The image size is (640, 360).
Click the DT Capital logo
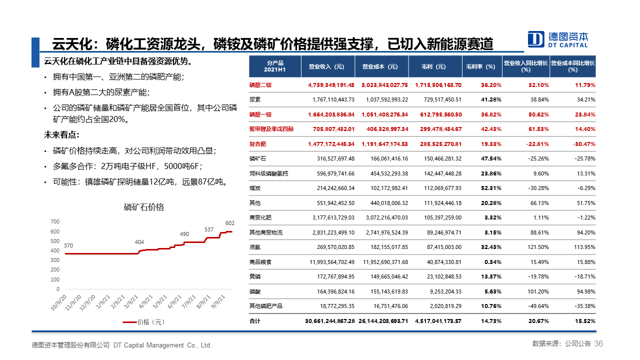click(558, 39)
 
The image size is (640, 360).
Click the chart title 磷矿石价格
click(144, 207)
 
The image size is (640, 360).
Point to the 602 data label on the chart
click(229, 223)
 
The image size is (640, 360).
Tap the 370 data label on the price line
click(68, 245)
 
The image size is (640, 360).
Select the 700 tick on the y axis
click(55, 221)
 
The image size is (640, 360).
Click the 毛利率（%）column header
click(480, 66)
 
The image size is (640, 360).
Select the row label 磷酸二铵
click(260, 85)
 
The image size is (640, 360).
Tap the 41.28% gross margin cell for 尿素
click(491, 99)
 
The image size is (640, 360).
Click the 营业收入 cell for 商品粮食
click(328, 262)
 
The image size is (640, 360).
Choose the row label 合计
click(255, 321)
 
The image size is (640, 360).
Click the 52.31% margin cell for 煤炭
click(491, 188)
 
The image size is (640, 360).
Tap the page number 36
click(598, 344)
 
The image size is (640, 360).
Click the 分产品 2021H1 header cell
click(275, 66)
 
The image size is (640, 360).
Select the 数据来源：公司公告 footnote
click(561, 344)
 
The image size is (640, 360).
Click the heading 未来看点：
click(62, 135)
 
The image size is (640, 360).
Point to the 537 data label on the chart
click(209, 230)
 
